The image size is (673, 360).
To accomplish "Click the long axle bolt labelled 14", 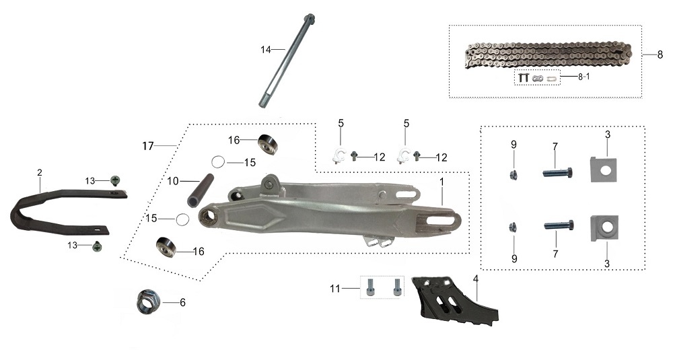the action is point(287,61).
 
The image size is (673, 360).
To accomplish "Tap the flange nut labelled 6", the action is point(148,301).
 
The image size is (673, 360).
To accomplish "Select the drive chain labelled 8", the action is point(548,55).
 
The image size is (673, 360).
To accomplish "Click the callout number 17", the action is point(147,146).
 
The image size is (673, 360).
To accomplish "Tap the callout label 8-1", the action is point(583,77).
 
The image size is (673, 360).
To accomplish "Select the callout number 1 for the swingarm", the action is point(441,182).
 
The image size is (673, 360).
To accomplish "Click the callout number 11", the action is point(334,289).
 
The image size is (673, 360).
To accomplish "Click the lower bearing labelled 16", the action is point(167,247).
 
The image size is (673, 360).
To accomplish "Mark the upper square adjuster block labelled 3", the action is point(604,170).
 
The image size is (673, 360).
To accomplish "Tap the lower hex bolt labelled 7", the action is point(559,225).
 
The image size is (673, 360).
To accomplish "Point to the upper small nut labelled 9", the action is point(513,175).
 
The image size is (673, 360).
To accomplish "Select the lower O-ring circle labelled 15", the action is point(182,219).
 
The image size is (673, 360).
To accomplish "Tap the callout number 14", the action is point(266,50).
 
